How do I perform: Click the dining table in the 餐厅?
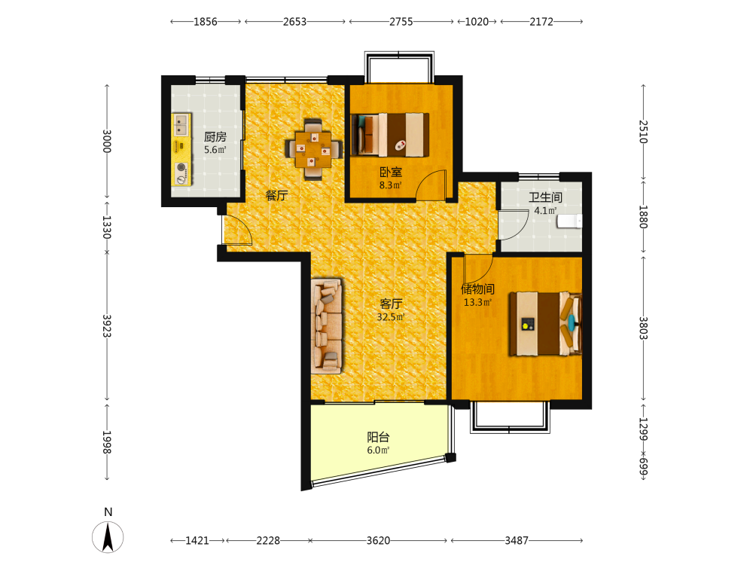point(313,149)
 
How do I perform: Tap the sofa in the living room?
point(327,325)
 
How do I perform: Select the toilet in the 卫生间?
point(569,221)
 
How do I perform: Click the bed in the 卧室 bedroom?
point(390,135)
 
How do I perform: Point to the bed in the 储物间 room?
point(545,324)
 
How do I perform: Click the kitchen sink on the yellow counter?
point(181,124)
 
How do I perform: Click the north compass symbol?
point(108,536)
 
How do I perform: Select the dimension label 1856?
point(206,22)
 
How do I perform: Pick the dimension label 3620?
point(379,540)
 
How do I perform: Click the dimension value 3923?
point(107,325)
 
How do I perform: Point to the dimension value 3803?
point(644,328)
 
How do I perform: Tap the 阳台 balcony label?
point(379,437)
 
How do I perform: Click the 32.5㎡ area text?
point(391,317)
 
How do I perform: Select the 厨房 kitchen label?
point(215,137)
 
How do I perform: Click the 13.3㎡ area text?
point(477,302)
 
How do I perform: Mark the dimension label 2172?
point(541,22)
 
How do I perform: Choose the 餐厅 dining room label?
point(276,196)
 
